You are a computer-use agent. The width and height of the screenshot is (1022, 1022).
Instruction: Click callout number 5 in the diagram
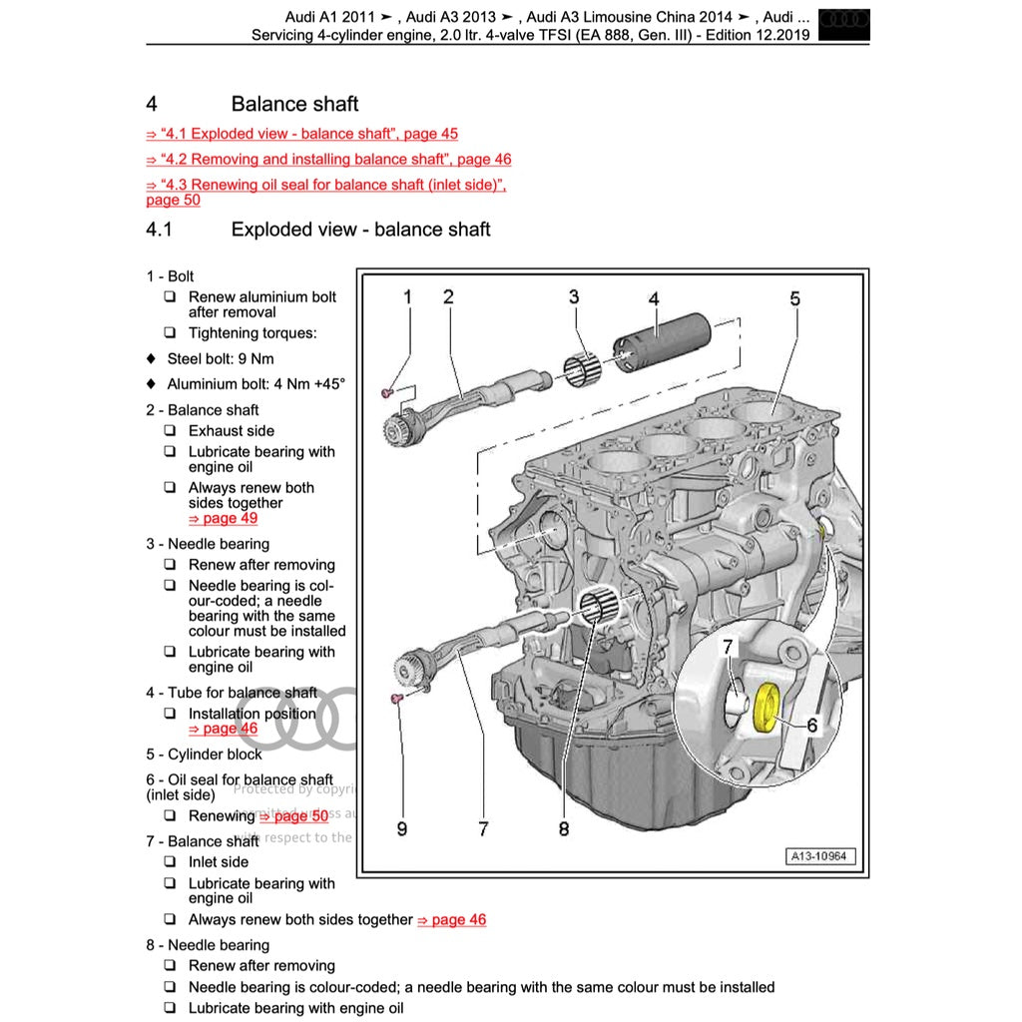coord(794,298)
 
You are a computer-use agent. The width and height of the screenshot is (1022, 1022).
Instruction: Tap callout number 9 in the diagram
coord(401,828)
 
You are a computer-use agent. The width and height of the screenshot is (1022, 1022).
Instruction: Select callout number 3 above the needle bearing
coord(574,296)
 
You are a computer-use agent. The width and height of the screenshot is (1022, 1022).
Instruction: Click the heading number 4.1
coord(160,230)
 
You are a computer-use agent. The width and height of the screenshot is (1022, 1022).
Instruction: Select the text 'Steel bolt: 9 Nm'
coord(220,358)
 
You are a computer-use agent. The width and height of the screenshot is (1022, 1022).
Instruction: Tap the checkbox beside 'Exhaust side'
coord(170,431)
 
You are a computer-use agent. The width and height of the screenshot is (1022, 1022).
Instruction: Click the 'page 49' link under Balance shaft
coord(223,518)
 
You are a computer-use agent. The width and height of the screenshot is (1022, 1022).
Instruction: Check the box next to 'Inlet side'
coord(170,862)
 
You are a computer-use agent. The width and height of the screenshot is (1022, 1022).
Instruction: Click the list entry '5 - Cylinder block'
coord(204,755)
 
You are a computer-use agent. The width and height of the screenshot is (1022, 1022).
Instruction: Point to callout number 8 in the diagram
coord(564,828)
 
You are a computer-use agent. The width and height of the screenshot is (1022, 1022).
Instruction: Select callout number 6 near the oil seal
coord(811,726)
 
